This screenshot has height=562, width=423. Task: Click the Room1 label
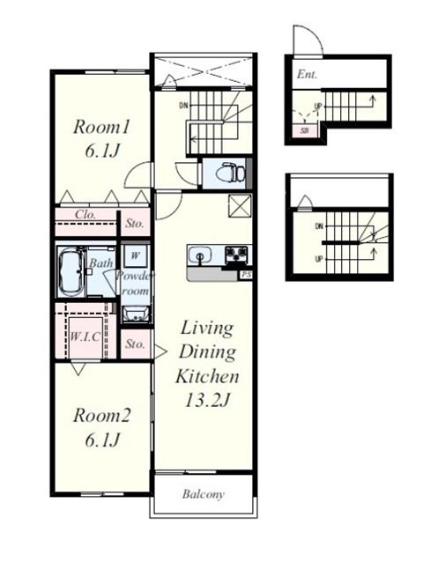click(100, 127)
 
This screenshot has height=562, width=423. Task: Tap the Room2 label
click(101, 416)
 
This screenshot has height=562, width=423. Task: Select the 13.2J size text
click(207, 400)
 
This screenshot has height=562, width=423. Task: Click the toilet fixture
click(230, 174)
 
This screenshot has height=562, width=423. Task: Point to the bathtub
click(70, 271)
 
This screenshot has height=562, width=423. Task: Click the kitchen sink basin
click(200, 256)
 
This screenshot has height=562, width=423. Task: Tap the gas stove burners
click(236, 255)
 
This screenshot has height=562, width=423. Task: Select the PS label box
click(246, 275)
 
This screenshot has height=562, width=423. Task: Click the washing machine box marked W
click(135, 256)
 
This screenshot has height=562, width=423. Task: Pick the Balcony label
click(204, 494)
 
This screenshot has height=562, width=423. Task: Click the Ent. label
click(307, 75)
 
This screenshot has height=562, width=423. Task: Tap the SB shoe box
click(304, 131)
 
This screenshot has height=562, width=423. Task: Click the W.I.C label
click(85, 336)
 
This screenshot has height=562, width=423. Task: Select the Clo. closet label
click(85, 214)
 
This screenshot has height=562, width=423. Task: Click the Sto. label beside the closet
click(135, 223)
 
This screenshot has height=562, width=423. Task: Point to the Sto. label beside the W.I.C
click(135, 344)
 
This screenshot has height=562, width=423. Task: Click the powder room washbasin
click(136, 314)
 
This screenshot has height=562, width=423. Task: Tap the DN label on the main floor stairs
click(183, 106)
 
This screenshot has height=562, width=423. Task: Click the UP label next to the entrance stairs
click(318, 106)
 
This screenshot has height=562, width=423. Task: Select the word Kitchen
click(207, 376)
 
